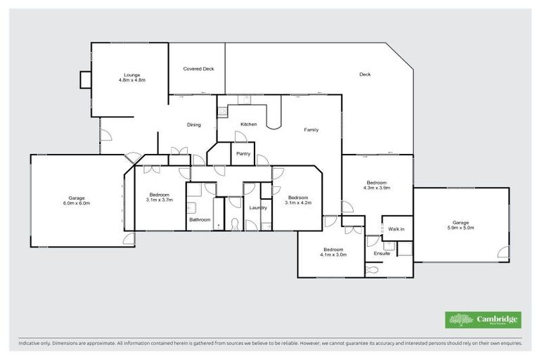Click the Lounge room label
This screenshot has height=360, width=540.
131,75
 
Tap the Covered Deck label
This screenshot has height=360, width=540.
198,69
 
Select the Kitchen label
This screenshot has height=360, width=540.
248,124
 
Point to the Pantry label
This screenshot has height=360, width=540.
243,153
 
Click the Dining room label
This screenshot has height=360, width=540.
193,125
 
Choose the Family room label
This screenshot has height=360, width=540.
311,130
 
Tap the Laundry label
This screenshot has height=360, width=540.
258,207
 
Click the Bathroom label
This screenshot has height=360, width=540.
200,219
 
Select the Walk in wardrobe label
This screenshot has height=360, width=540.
397,229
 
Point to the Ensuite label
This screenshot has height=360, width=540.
382,253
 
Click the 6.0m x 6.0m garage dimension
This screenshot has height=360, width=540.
77,203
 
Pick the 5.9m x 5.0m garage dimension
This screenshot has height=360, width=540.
461,228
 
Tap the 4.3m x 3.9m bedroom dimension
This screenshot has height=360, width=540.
376,188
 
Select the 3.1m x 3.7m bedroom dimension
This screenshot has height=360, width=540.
159,200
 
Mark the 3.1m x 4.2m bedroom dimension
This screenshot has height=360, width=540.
297,202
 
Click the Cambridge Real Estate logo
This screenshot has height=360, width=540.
484,319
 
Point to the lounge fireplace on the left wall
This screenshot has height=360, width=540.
85,80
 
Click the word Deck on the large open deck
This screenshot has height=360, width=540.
364,75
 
